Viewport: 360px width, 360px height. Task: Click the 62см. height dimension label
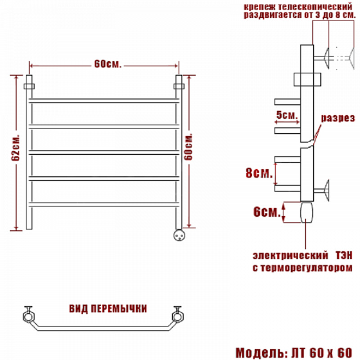point(16,147)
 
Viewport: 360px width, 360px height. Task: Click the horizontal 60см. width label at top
point(108,64)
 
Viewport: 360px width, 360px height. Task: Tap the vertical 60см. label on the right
point(188,147)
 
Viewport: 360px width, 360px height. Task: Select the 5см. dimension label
point(287,115)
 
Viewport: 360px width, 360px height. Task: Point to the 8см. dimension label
point(259,173)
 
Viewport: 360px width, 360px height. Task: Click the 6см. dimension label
point(267,211)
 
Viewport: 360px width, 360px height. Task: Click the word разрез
point(338,118)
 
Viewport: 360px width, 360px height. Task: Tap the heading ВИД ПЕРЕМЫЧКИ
point(108,309)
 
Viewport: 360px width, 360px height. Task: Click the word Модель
point(262,353)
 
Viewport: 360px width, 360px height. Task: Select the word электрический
point(290,256)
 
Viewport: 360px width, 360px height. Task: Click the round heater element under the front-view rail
point(179,235)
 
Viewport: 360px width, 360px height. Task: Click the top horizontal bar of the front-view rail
point(104,100)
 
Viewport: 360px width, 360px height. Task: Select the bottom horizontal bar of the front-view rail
point(104,204)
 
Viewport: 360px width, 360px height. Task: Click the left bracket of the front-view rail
point(29,86)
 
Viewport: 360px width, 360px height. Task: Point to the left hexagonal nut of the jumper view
point(29,317)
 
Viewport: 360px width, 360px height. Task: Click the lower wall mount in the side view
point(321,190)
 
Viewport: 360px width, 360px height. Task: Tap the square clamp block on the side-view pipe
point(307,80)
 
